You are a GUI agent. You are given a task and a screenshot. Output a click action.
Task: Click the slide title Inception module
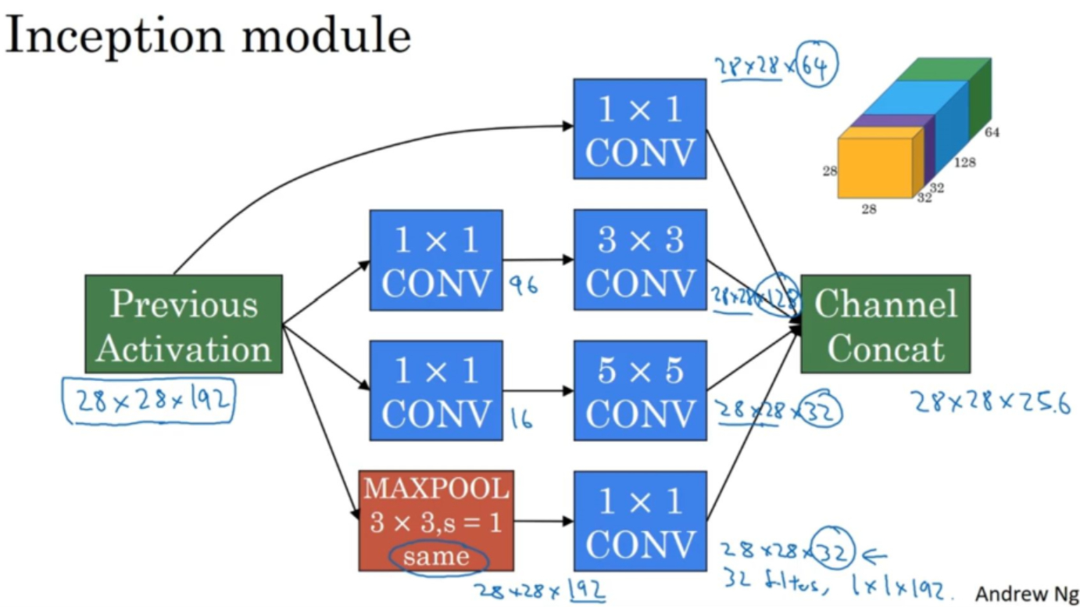207,37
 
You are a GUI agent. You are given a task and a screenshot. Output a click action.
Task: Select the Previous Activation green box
184,324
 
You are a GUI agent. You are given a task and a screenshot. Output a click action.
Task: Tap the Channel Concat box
885,324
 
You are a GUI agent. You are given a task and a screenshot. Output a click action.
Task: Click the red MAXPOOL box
436,520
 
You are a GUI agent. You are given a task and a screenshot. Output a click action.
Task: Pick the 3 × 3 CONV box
639,260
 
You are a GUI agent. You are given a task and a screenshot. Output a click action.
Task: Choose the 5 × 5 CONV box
639,390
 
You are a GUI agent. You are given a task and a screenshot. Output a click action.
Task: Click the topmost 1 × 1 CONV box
639,129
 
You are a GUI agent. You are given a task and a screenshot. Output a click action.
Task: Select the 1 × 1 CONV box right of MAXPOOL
639,520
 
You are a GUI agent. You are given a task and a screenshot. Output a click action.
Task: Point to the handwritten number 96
523,287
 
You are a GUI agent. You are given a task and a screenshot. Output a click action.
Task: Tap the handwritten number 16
520,419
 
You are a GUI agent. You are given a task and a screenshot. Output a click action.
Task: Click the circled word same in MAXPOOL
437,557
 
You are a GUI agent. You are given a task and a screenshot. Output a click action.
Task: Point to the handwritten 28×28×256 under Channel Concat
989,402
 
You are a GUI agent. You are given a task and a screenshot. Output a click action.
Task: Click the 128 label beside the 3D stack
964,163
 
